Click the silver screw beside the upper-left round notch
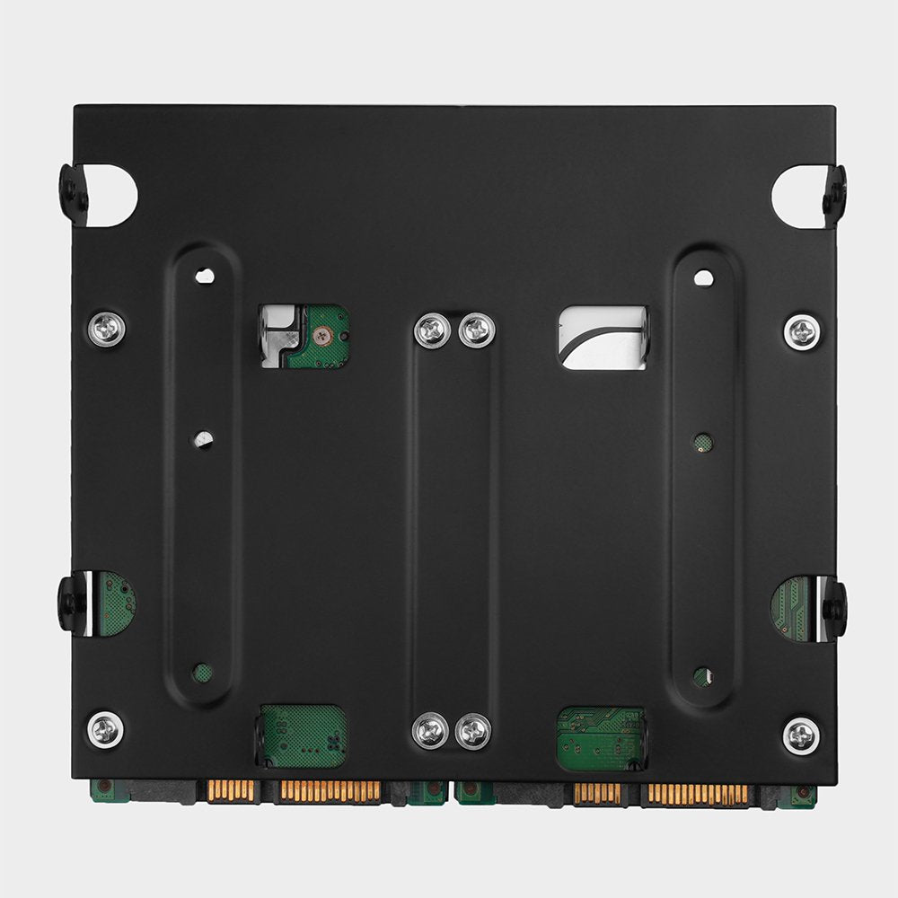tap(106, 329)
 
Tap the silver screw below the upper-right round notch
tap(801, 332)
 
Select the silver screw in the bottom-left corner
tap(106, 727)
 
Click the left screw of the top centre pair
tap(432, 330)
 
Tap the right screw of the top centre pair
tap(476, 330)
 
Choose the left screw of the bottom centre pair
tap(430, 731)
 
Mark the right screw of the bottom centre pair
tap(473, 731)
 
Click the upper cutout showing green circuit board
tap(304, 337)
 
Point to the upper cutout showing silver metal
tap(603, 338)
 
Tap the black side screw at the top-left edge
tap(70, 187)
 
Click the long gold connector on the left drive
tap(330, 791)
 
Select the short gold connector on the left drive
tap(231, 790)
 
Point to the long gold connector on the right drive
tap(698, 794)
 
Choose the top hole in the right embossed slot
tap(704, 278)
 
